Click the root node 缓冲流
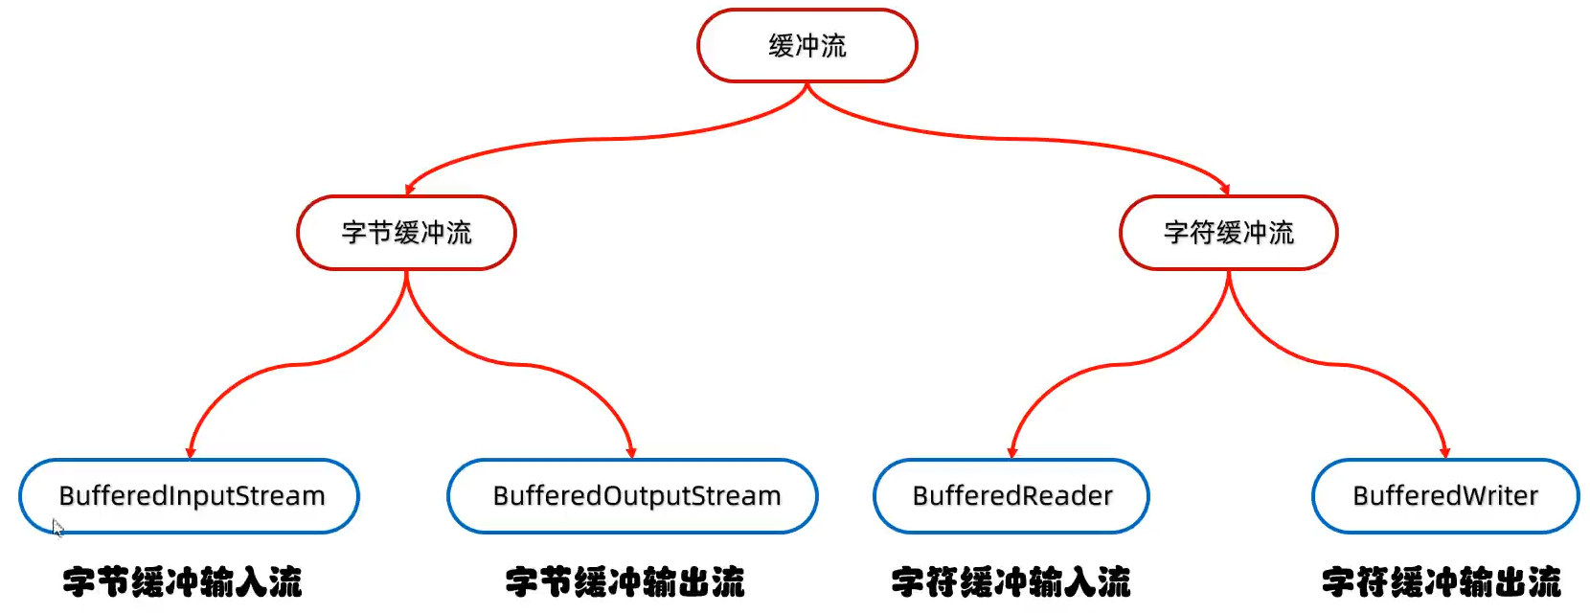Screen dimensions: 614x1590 coord(806,46)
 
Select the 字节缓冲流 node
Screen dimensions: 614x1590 coord(406,233)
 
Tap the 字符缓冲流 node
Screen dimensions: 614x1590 coord(1228,233)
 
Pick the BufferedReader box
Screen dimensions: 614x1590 coord(1011,496)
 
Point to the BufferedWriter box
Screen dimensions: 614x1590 coord(1444,496)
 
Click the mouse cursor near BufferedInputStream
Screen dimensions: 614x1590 coord(57,527)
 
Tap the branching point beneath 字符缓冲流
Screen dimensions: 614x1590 coord(1228,275)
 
